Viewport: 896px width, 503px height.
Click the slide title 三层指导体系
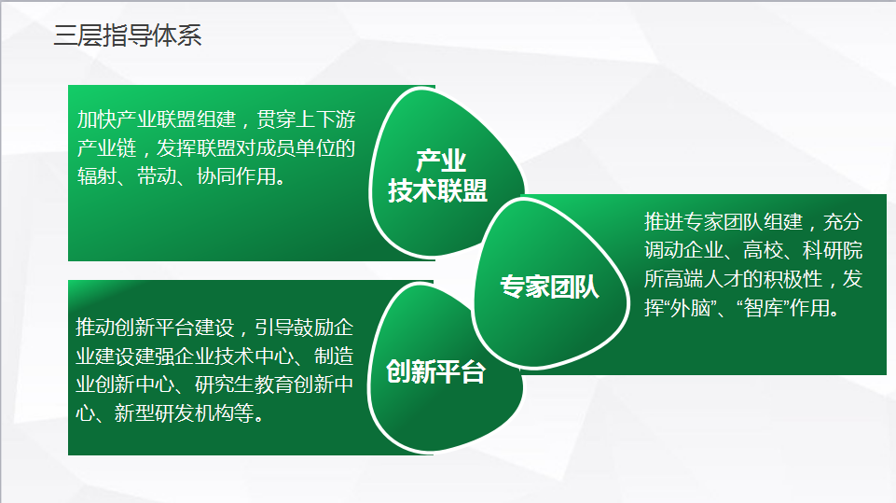pos(128,35)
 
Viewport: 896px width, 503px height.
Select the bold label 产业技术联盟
pos(437,175)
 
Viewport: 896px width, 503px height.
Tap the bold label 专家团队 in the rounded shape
pos(550,286)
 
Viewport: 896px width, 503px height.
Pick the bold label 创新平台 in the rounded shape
pos(436,371)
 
